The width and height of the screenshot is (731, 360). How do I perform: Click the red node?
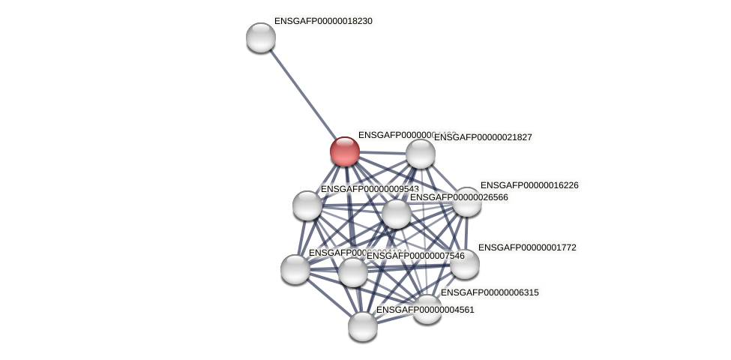345,151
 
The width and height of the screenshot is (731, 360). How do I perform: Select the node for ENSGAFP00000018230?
261,37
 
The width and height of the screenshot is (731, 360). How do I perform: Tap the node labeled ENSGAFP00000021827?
421,154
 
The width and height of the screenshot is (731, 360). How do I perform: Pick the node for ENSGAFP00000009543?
307,205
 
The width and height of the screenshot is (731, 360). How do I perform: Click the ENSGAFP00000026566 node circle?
397,214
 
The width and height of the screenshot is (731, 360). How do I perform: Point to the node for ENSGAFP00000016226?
466,202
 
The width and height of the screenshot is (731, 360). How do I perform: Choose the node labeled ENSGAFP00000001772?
464,264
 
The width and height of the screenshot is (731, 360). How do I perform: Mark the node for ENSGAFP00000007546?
353,271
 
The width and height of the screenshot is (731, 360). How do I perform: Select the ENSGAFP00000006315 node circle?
427,309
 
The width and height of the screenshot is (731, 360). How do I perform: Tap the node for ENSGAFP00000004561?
363,326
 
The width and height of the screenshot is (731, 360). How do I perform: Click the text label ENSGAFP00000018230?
323,21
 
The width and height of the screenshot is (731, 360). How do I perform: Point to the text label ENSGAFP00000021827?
483,137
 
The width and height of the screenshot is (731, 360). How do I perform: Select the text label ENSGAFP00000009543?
369,189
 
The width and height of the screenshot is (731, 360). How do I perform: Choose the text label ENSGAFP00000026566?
459,197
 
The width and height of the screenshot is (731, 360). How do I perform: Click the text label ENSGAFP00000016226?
529,185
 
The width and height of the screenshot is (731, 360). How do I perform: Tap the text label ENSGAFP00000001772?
527,247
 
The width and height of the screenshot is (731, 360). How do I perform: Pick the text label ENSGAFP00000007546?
415,256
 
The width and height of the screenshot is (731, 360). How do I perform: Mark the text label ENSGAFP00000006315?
490,292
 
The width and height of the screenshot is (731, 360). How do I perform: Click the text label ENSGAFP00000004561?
425,310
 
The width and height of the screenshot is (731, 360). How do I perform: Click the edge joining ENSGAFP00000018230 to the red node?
303,94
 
